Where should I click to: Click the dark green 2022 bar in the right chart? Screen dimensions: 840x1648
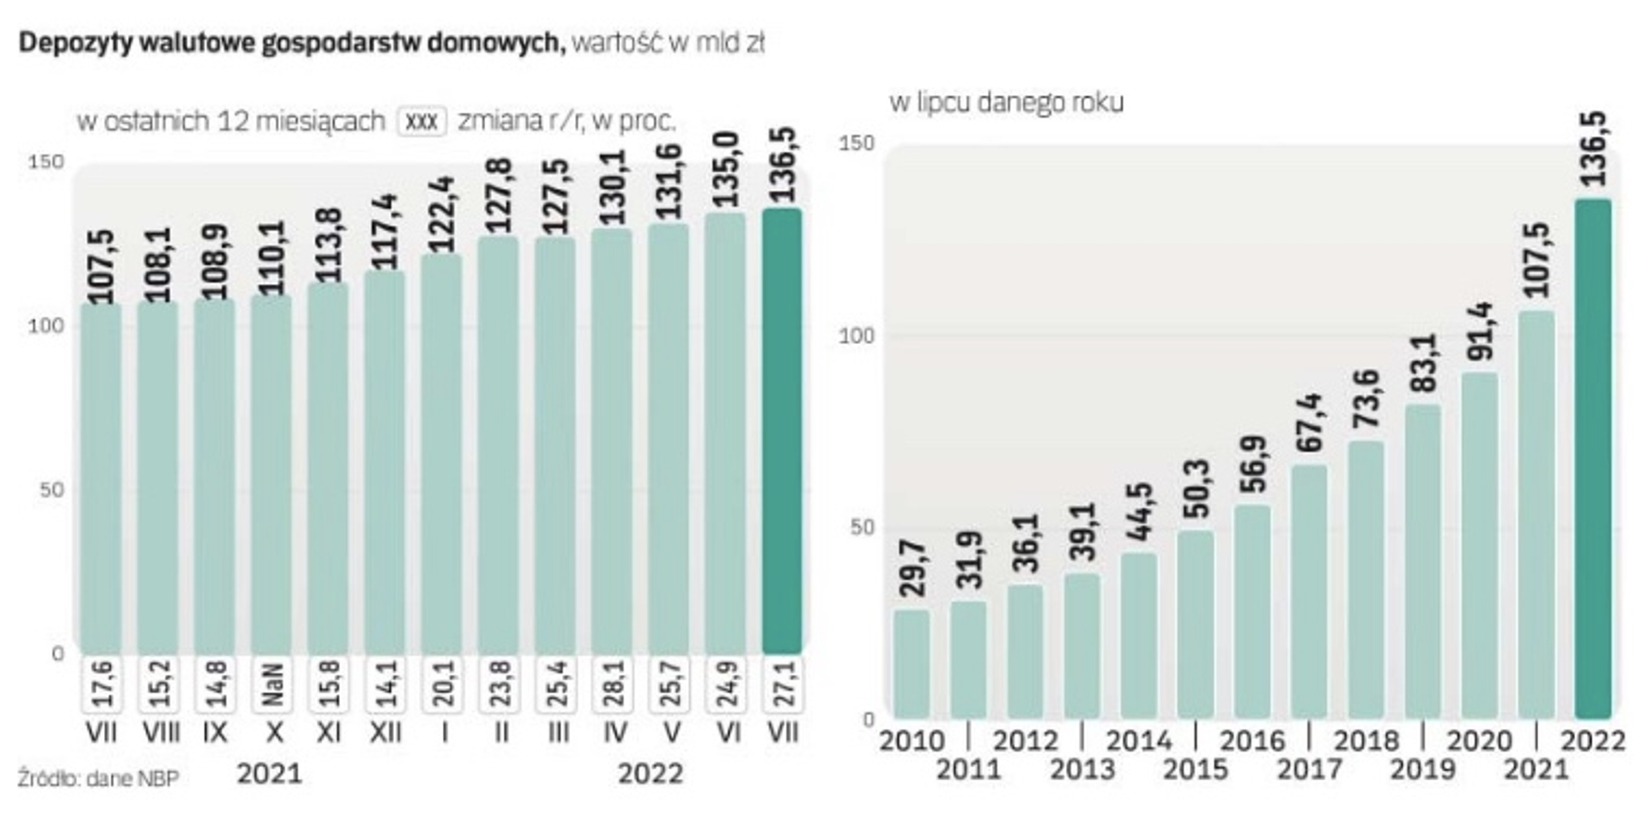1593,459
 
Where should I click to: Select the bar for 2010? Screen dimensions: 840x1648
912,663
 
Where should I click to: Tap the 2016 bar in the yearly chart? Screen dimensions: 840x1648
1252,611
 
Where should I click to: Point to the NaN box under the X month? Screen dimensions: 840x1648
271,684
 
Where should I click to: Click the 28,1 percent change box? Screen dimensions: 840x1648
613,684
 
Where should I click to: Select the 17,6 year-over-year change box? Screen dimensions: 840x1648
101,684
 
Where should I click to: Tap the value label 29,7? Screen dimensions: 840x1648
912,568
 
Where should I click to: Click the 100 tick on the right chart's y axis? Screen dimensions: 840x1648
856,335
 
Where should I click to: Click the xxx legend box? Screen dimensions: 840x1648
421,122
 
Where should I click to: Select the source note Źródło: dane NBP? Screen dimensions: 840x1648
99,779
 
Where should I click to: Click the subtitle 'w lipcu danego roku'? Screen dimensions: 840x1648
1006,102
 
